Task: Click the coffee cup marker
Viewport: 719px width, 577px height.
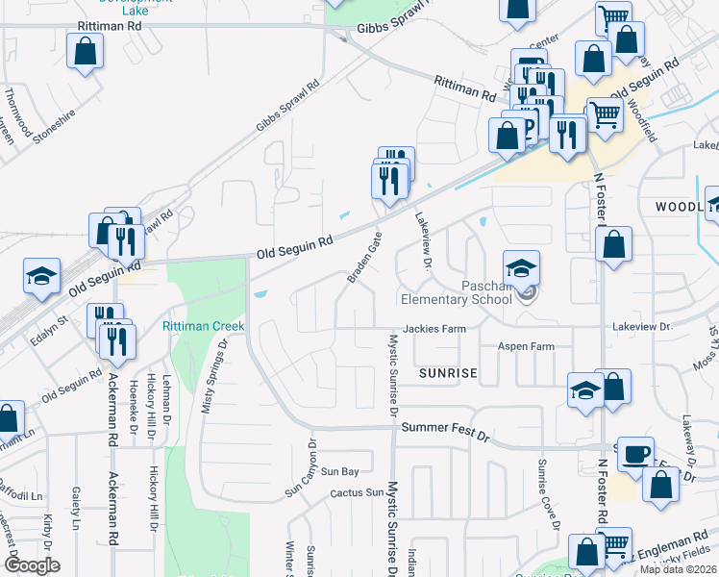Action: click(635, 454)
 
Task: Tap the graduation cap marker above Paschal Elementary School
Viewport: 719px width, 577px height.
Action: click(521, 267)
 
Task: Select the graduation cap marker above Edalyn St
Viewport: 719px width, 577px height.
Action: click(41, 275)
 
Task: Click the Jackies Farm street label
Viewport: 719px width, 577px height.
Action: click(434, 328)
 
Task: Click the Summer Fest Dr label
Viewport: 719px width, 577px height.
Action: click(445, 428)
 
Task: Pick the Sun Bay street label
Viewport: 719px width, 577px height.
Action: click(339, 471)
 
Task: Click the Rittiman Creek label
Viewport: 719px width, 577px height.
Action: click(203, 326)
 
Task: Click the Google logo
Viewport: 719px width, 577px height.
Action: click(32, 565)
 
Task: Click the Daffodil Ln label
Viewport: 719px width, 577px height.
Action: click(23, 496)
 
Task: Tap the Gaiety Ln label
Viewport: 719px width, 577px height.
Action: click(75, 510)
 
